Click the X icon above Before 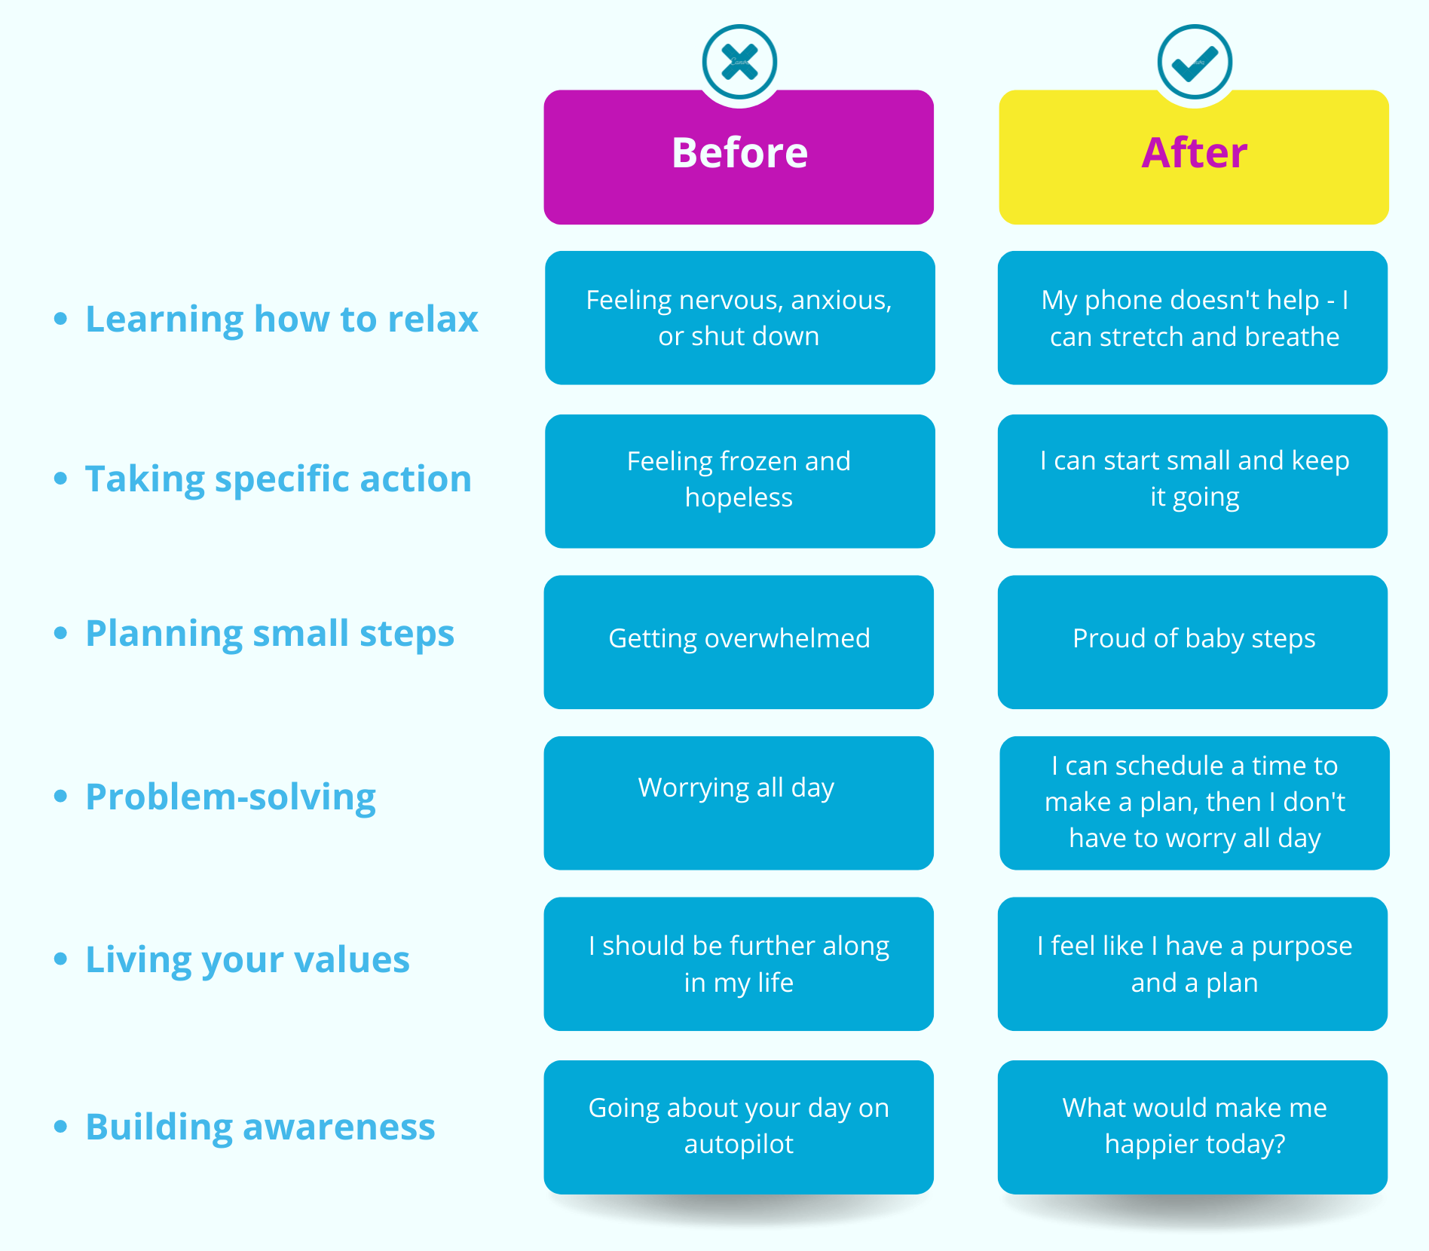pyautogui.click(x=739, y=62)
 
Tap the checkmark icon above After pyautogui.click(x=1195, y=62)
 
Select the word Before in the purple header pyautogui.click(x=739, y=153)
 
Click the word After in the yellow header pyautogui.click(x=1194, y=153)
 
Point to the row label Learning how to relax pyautogui.click(x=281, y=319)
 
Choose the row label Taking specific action pyautogui.click(x=278, y=479)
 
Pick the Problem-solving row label pyautogui.click(x=231, y=797)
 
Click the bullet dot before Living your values pyautogui.click(x=61, y=959)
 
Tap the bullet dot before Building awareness pyautogui.click(x=61, y=1127)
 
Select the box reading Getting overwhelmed pyautogui.click(x=739, y=642)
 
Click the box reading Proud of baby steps pyautogui.click(x=1192, y=642)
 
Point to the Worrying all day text pyautogui.click(x=736, y=788)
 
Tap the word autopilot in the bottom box pyautogui.click(x=739, y=1144)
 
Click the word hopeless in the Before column pyautogui.click(x=739, y=497)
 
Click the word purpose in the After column pyautogui.click(x=1302, y=947)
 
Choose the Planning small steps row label pyautogui.click(x=270, y=633)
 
